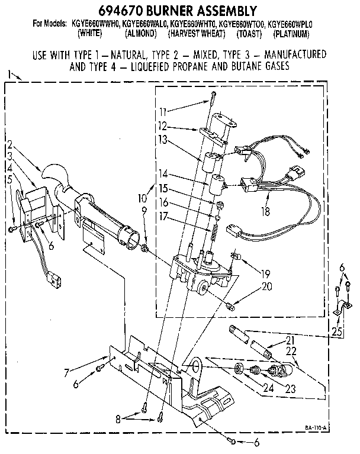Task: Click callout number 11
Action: coord(163,111)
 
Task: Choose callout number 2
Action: coord(10,144)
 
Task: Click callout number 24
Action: coord(252,389)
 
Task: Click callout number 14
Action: coord(163,173)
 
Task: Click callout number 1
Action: coord(9,74)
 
